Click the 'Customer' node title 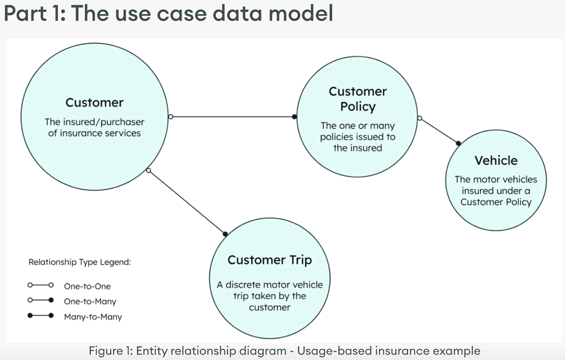click(94, 103)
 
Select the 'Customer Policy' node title click(358, 99)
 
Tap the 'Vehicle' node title click(496, 160)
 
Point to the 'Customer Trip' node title click(269, 260)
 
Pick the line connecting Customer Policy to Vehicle click(439, 130)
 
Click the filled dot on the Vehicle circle click(458, 143)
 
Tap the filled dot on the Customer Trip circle click(225, 233)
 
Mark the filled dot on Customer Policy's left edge click(295, 116)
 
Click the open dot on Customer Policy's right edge click(420, 118)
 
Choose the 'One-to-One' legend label click(87, 286)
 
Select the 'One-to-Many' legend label click(90, 302)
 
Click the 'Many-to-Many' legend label click(93, 317)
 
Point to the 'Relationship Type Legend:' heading click(80, 262)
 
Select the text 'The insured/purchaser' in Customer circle click(94, 122)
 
